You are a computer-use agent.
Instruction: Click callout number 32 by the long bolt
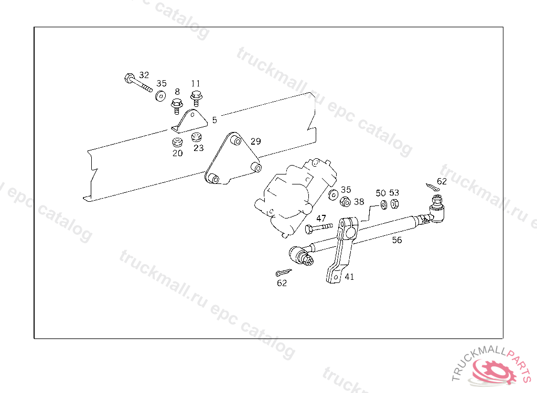(x=144, y=75)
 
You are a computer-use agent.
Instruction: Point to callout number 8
(x=177, y=92)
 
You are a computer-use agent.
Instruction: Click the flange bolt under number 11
(x=197, y=98)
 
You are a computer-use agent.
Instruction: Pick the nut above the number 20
(x=177, y=142)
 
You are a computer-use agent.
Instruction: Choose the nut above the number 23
(x=197, y=137)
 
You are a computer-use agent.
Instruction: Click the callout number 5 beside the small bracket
(x=214, y=120)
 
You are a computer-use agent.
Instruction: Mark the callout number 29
(x=255, y=141)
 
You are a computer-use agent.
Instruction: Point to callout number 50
(x=380, y=193)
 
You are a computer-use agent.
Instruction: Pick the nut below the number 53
(x=395, y=203)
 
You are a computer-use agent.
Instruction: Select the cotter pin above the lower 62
(x=283, y=272)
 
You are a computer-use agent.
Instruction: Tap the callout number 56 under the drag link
(x=397, y=239)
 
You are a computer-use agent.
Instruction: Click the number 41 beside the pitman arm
(x=349, y=277)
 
